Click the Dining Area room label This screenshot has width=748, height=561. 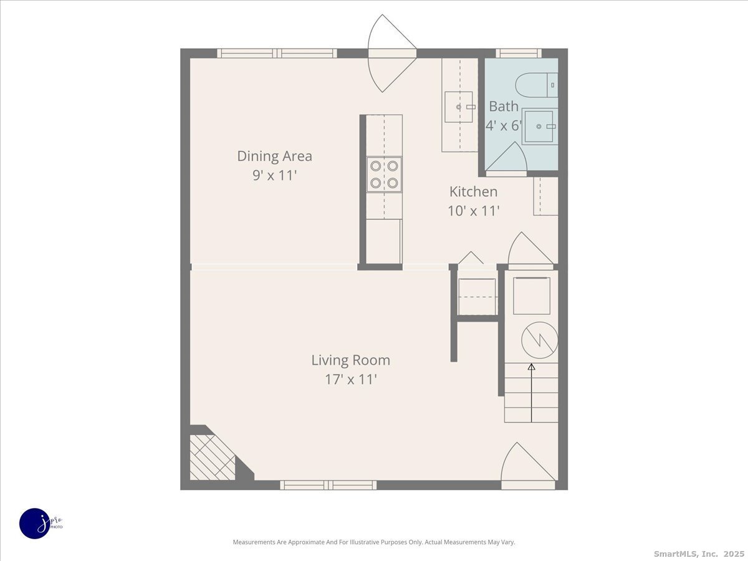[275, 156]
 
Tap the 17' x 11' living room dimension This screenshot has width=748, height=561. [351, 379]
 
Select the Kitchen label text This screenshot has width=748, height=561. [473, 192]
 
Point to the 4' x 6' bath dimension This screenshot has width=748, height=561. [504, 126]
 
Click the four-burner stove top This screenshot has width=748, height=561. [384, 175]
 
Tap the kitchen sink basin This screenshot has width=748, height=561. [459, 107]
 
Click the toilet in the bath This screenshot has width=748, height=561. [537, 85]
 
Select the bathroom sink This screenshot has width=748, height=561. [540, 127]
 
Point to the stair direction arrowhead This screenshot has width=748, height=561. [531, 367]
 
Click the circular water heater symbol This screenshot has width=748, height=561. [540, 340]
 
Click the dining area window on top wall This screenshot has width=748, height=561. [277, 54]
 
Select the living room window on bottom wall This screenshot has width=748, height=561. [328, 485]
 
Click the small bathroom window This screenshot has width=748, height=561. [519, 54]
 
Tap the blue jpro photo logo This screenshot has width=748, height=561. [35, 524]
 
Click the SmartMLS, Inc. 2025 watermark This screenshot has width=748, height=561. [699, 554]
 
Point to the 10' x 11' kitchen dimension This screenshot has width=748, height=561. [473, 211]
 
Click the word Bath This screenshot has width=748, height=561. [504, 107]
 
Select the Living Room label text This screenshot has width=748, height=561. [351, 360]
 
